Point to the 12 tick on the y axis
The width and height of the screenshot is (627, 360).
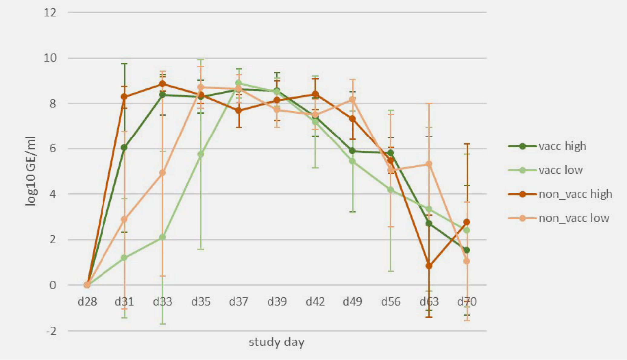50,13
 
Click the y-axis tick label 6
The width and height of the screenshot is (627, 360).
53,149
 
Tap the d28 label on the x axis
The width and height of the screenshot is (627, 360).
87,302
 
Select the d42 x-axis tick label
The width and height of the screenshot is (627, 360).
315,302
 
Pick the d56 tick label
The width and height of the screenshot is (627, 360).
391,302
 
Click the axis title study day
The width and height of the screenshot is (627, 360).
276,342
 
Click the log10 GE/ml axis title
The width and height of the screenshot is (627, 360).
31,172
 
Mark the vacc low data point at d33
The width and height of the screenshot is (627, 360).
162,237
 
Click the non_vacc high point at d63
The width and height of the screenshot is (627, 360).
429,266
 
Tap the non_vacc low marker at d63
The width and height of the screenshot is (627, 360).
429,164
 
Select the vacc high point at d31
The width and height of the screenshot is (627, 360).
124,147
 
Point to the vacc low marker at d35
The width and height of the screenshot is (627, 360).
201,154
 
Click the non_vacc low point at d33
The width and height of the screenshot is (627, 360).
162,173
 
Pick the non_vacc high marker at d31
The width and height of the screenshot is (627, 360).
124,97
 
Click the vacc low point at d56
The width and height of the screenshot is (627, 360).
391,190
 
